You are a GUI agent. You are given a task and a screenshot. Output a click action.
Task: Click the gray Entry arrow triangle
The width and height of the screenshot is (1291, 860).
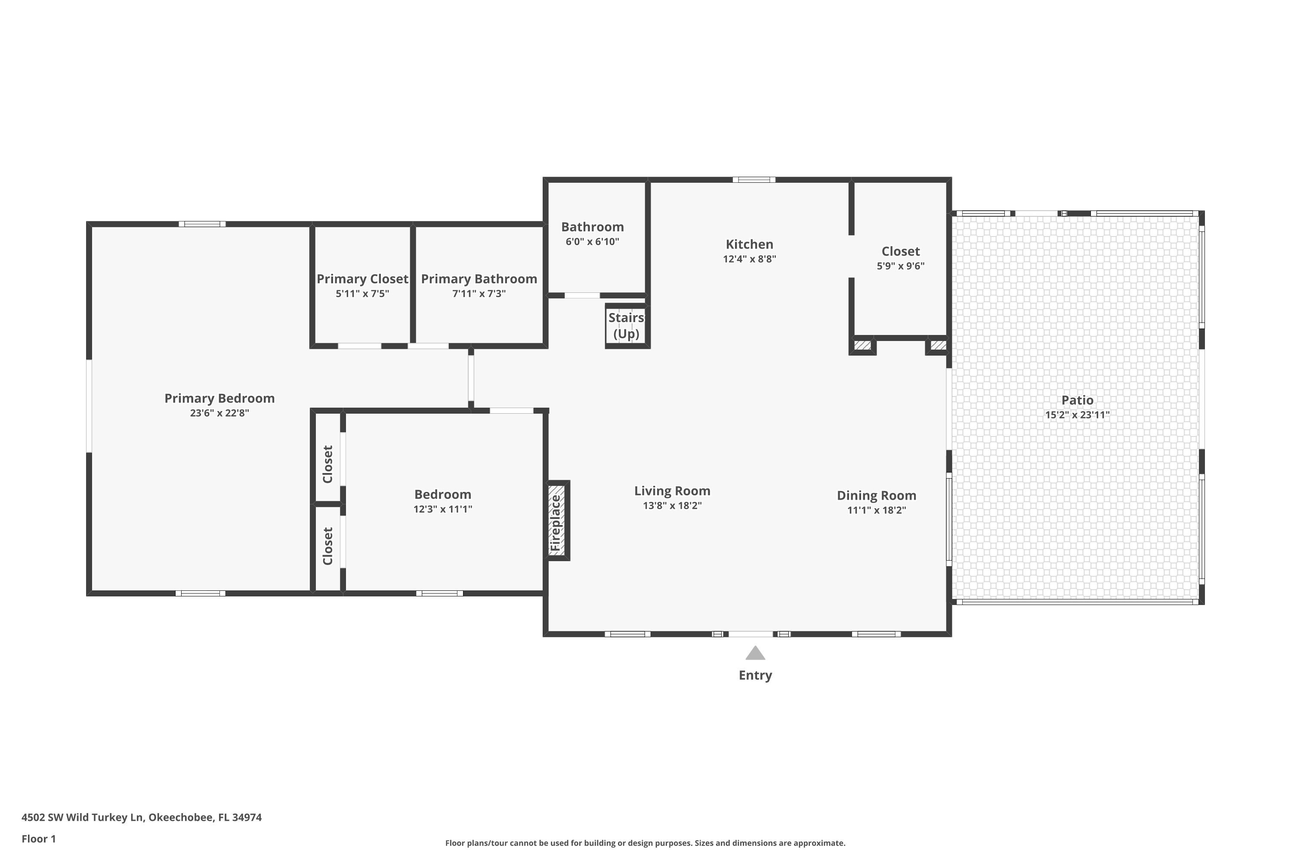755,654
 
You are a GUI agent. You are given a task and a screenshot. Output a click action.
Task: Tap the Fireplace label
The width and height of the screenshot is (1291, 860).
556,523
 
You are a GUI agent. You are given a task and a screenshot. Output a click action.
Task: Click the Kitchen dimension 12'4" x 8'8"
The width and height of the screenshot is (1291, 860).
749,259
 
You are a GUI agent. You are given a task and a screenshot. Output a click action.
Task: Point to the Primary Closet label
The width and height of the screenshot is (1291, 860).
362,279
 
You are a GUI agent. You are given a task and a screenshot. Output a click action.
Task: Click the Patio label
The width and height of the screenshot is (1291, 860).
1077,400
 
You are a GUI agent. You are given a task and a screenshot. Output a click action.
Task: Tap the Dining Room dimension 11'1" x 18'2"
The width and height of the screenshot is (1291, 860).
876,510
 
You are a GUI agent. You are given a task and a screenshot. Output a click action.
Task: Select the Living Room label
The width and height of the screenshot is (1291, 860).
672,491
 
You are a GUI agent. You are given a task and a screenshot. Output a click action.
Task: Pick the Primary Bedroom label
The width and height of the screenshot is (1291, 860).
219,398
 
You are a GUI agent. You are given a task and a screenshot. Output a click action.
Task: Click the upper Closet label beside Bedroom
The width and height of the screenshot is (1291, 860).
327,464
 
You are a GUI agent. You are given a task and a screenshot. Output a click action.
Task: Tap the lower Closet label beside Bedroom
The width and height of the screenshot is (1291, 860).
327,546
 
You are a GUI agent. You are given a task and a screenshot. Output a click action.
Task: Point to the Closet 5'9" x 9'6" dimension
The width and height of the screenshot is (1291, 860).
900,266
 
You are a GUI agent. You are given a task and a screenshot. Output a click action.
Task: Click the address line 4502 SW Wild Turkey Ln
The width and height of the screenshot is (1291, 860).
142,817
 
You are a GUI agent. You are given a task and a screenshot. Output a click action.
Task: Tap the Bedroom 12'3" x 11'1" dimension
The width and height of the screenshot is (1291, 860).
442,509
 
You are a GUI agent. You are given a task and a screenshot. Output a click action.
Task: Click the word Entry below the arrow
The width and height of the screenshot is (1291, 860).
755,675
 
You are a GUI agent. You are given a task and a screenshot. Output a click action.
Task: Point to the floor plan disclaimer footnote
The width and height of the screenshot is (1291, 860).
645,843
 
